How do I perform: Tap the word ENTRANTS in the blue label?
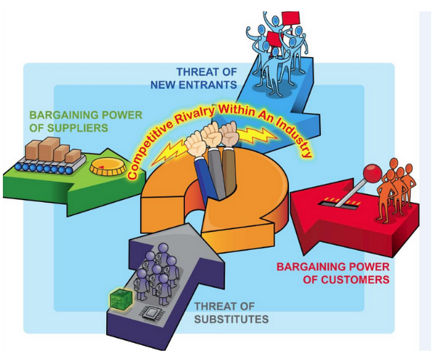(207, 85)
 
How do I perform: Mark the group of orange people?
(396, 184)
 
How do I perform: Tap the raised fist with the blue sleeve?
(198, 142)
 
